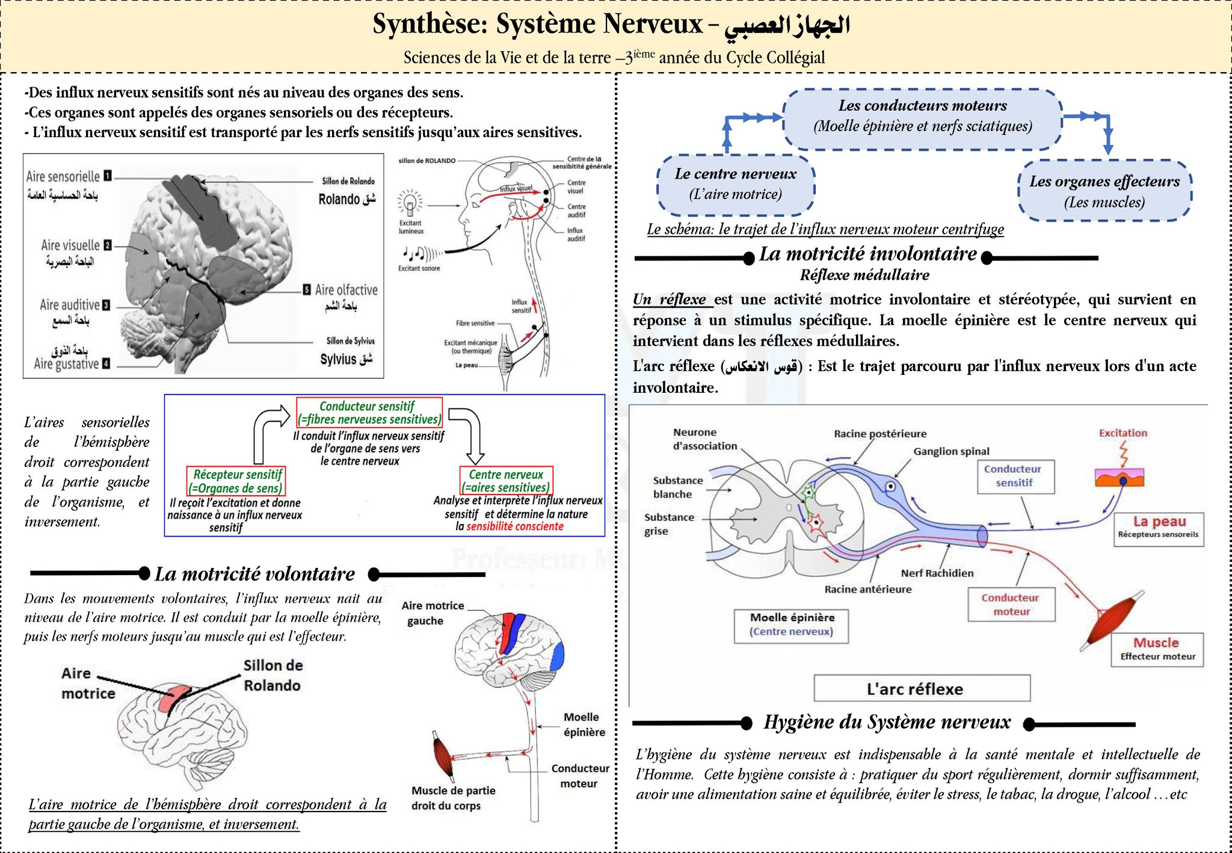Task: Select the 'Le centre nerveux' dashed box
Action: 736,185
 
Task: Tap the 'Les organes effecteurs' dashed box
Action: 1104,191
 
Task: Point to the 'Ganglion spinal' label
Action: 951,451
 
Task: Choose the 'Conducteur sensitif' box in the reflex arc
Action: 1015,476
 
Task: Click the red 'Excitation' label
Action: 1123,433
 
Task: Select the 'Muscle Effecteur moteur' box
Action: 1157,649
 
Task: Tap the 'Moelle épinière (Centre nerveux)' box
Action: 791,624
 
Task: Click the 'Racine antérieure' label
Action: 867,589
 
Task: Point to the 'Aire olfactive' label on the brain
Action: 346,290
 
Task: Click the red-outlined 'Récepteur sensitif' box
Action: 236,481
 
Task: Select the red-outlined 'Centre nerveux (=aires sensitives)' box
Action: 506,481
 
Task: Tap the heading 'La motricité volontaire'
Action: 254,574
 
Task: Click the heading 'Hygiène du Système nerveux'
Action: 887,722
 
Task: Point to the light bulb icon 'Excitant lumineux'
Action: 410,203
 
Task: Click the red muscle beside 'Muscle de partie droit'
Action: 443,756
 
